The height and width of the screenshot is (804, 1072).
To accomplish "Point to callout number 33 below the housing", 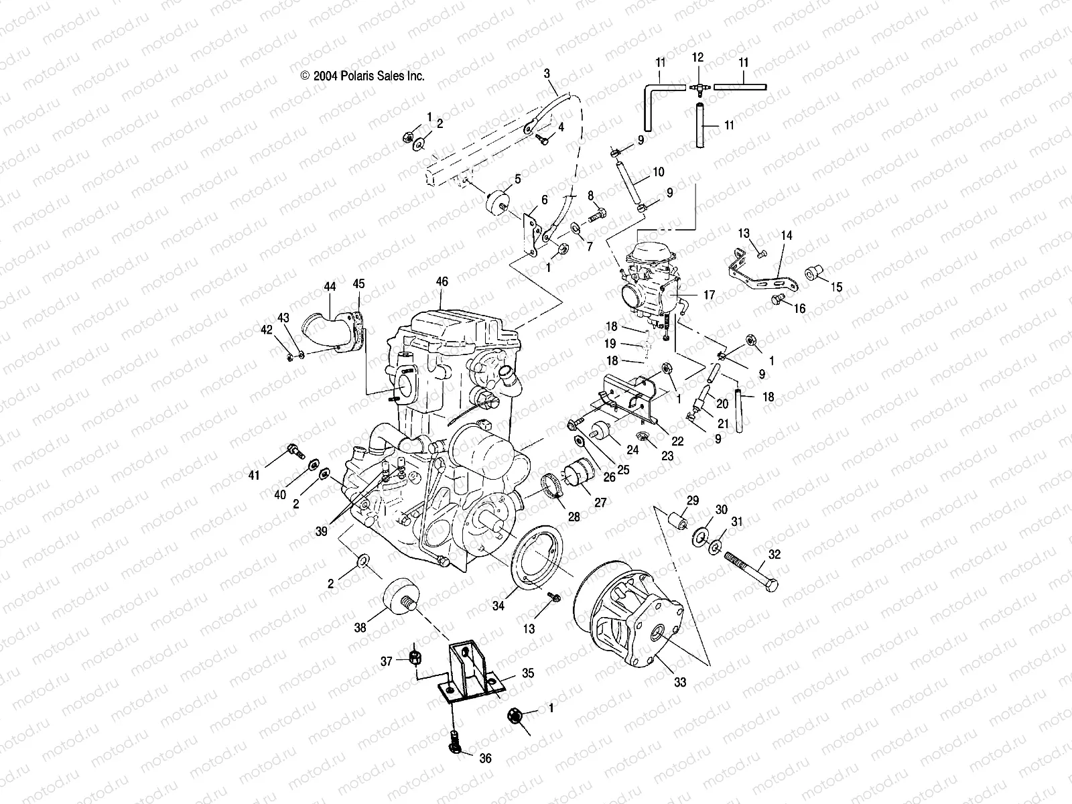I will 680,683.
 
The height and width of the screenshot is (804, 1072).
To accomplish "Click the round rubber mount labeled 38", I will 398,600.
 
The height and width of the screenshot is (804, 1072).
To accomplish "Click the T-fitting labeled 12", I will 698,88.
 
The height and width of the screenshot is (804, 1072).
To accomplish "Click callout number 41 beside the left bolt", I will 253,476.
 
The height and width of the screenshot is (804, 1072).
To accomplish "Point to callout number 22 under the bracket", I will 677,441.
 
